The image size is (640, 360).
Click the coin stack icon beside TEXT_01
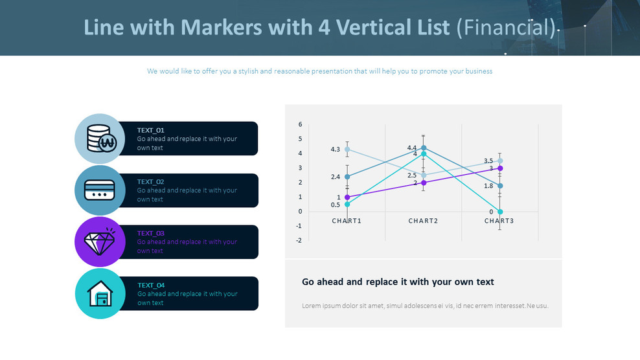click(x=100, y=138)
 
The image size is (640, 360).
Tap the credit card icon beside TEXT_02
click(x=100, y=190)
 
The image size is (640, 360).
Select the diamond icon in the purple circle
click(x=100, y=242)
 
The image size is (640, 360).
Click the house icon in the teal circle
click(x=100, y=294)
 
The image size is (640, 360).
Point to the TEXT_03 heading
click(x=151, y=233)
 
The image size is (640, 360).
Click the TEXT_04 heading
click(x=151, y=285)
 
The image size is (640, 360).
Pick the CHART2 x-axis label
click(x=424, y=221)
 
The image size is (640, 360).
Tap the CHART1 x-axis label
click(x=347, y=221)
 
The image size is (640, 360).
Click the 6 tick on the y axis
click(x=300, y=124)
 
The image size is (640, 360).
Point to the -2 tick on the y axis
click(x=299, y=240)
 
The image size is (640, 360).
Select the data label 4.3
click(x=335, y=150)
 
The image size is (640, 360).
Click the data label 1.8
click(x=488, y=186)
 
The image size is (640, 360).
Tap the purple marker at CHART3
click(x=500, y=168)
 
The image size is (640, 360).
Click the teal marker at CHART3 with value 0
click(x=500, y=212)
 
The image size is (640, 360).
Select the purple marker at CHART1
click(x=347, y=197)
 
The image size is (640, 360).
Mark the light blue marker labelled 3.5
click(x=500, y=161)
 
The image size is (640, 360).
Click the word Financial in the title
click(x=506, y=28)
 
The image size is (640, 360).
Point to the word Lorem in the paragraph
click(x=312, y=306)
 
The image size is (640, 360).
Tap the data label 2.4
click(x=335, y=177)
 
